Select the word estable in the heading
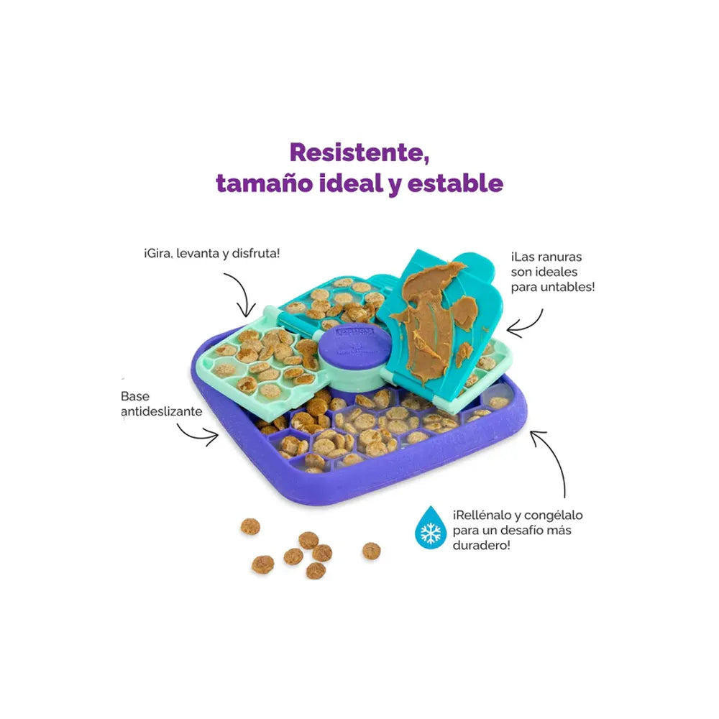455,183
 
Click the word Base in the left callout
135,396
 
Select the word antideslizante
161,411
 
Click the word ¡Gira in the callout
157,254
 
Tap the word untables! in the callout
568,287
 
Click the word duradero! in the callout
481,545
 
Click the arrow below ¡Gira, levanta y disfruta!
242,292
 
